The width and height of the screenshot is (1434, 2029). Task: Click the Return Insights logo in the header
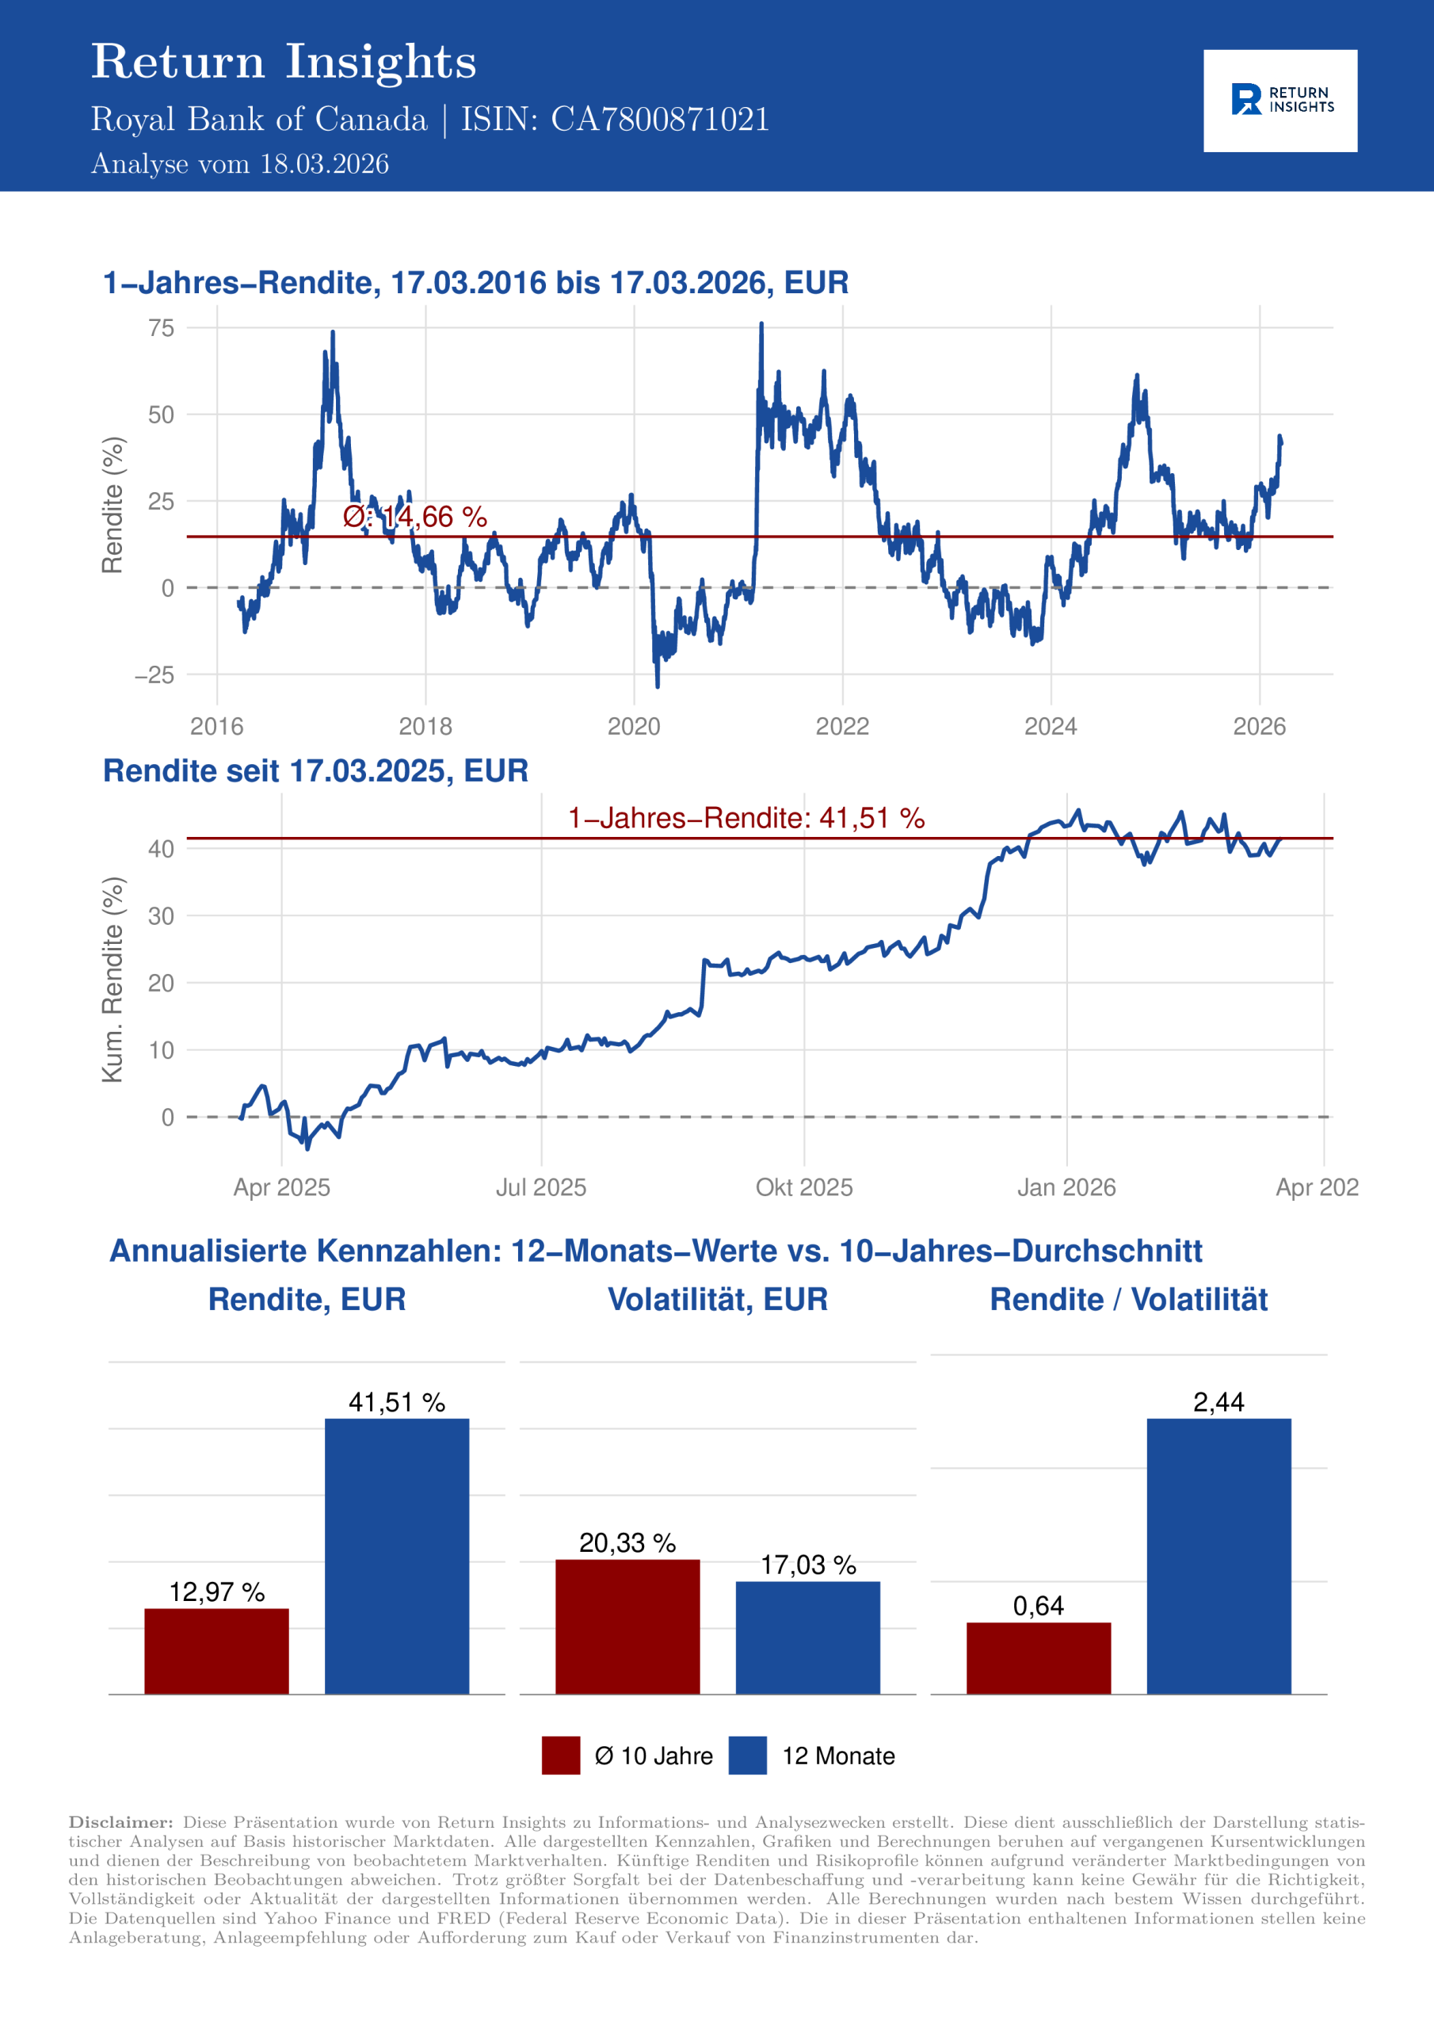tap(1280, 101)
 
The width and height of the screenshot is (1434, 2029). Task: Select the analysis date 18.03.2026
tap(324, 164)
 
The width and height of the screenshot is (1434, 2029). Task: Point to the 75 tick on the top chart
tap(162, 329)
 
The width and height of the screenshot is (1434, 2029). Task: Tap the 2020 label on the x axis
tap(634, 727)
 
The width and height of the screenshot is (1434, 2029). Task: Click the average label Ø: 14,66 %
tap(414, 517)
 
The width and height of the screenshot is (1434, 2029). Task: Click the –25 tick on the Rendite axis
tap(154, 676)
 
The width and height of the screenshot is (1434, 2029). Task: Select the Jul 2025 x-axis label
tap(541, 1186)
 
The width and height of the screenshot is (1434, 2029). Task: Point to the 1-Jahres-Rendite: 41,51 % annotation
tap(746, 818)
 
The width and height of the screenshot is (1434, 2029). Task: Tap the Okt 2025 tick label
tap(804, 1186)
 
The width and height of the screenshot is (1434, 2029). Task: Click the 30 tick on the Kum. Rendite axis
tap(161, 916)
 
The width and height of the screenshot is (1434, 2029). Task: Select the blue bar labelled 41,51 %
tap(397, 1555)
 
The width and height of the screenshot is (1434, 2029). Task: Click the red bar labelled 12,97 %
tap(216, 1650)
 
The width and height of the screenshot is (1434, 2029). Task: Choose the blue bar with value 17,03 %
tap(807, 1637)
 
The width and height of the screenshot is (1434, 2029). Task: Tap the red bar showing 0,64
tap(1038, 1657)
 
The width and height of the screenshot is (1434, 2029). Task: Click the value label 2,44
tap(1219, 1402)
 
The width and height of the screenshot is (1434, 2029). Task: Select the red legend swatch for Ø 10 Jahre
tap(561, 1755)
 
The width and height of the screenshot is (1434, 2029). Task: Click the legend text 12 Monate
tap(837, 1756)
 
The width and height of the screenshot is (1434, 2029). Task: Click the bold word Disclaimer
tap(121, 1822)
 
